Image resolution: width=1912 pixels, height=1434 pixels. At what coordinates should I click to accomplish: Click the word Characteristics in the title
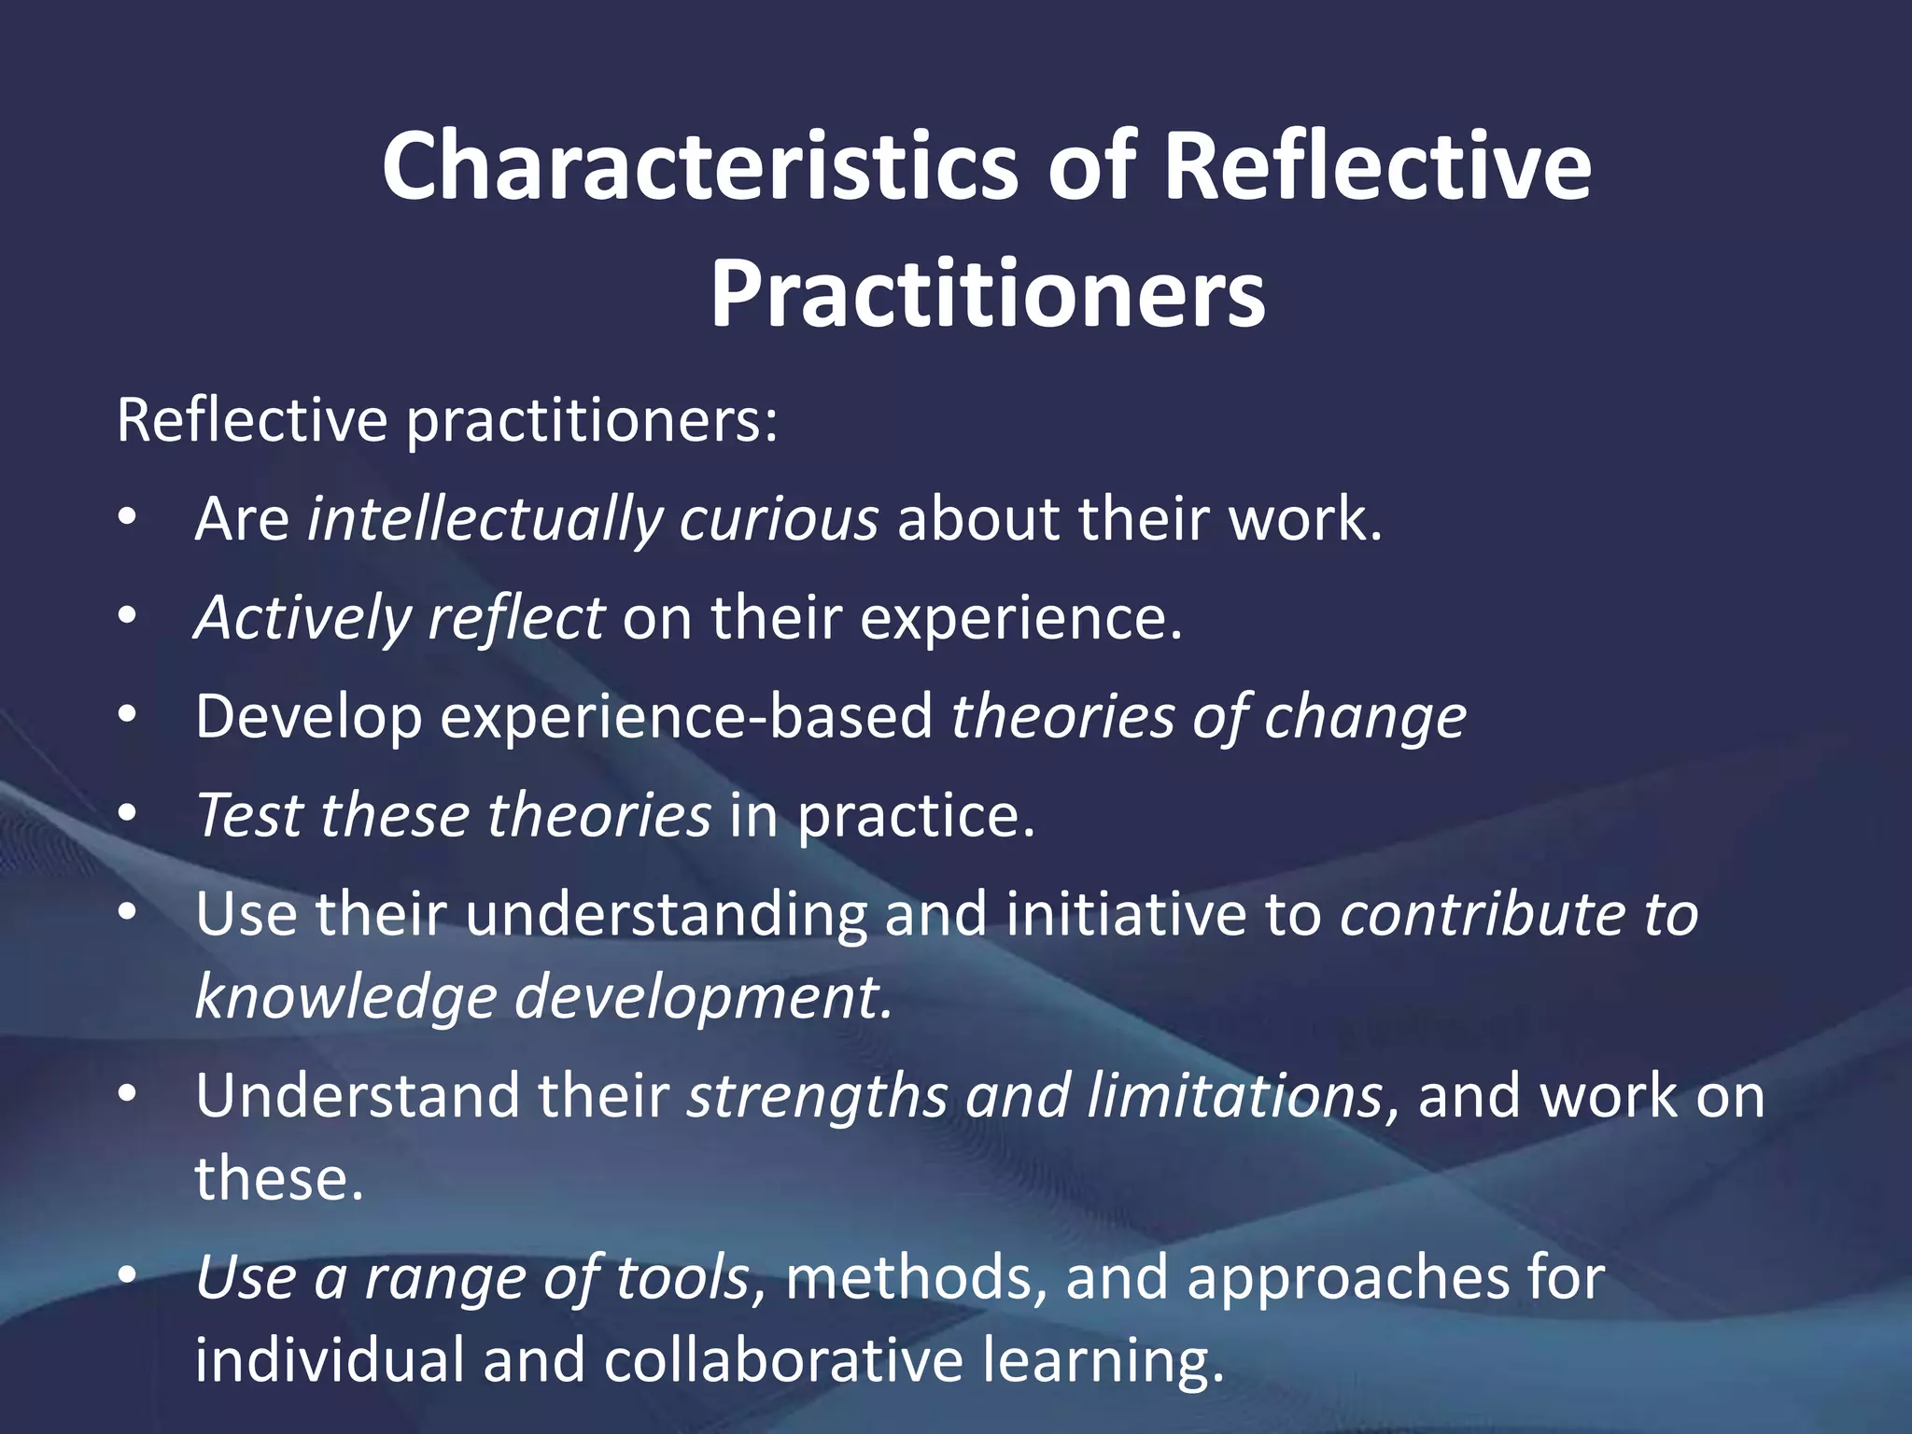(x=700, y=166)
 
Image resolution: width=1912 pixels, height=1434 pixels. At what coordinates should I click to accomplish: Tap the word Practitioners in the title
(x=987, y=294)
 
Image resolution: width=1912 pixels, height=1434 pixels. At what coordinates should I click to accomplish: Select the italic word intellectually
(x=484, y=519)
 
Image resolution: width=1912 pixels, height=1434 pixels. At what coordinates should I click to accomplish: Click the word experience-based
(x=686, y=717)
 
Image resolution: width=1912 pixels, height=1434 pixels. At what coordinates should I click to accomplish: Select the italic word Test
(x=249, y=815)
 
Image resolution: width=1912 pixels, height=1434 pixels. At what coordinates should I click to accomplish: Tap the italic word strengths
(x=818, y=1096)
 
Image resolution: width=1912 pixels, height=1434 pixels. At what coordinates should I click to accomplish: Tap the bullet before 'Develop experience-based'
(x=128, y=716)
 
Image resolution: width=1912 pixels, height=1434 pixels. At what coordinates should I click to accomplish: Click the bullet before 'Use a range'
(x=128, y=1275)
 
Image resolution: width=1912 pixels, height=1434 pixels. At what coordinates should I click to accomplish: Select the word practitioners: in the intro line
(x=592, y=422)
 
